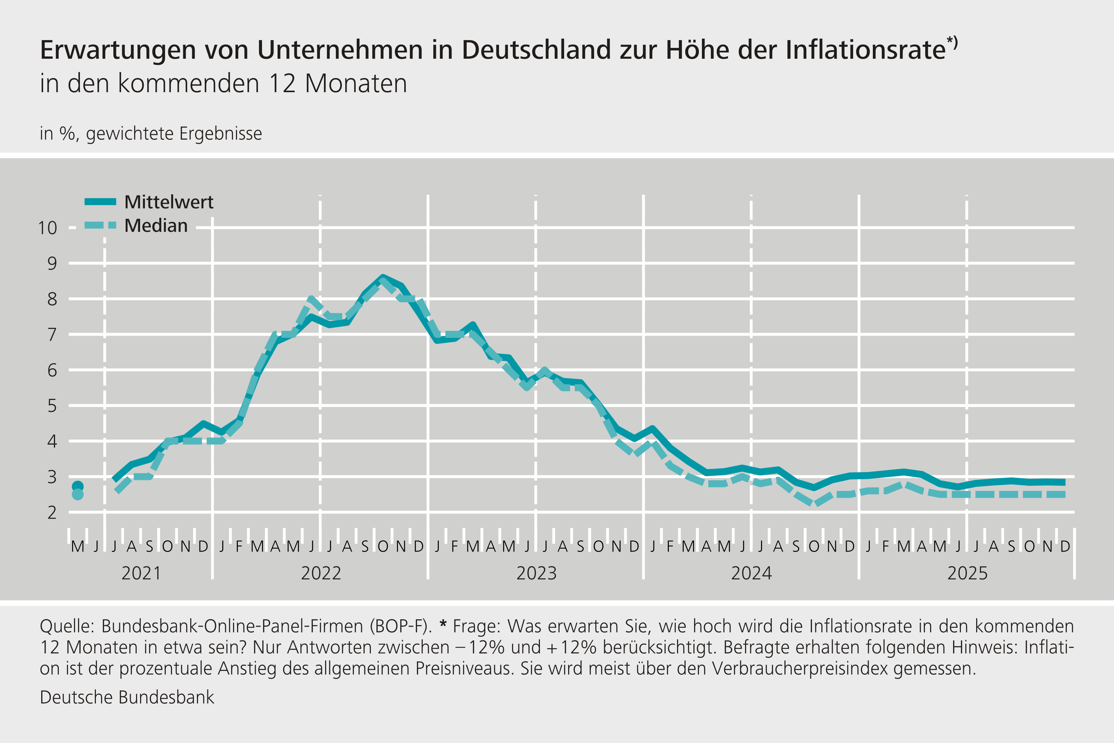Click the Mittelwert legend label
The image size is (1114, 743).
tap(169, 202)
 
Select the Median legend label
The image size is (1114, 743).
tap(156, 226)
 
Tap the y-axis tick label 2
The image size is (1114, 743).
tap(52, 513)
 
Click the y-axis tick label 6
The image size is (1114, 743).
tap(52, 370)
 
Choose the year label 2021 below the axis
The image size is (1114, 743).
tap(141, 574)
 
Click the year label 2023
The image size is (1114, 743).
tap(536, 574)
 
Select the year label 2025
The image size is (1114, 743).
tap(967, 574)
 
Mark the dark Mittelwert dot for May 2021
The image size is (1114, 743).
tap(78, 486)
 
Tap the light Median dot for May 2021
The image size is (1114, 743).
tap(78, 495)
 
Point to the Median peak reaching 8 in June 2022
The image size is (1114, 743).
tap(311, 300)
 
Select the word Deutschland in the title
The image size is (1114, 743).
tap(536, 50)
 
